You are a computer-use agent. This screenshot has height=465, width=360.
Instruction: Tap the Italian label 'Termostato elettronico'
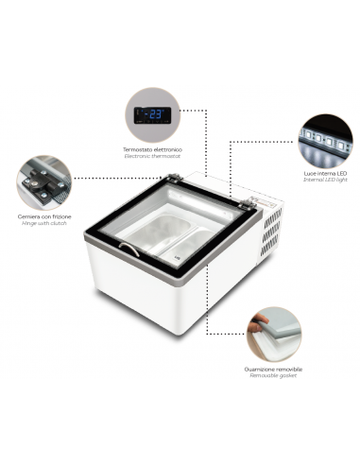(152, 149)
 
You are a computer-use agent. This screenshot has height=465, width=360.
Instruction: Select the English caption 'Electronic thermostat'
(152, 156)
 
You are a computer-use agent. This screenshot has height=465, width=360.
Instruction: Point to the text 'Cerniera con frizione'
(44, 215)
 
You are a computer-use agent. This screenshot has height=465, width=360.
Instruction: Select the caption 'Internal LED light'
(326, 183)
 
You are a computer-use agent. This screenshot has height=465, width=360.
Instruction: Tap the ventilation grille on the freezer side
(272, 227)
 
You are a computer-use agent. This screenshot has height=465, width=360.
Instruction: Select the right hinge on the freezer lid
(245, 205)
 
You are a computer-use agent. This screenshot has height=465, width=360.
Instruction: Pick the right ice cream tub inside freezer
(195, 244)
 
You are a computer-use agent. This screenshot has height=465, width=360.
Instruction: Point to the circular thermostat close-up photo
(153, 114)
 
